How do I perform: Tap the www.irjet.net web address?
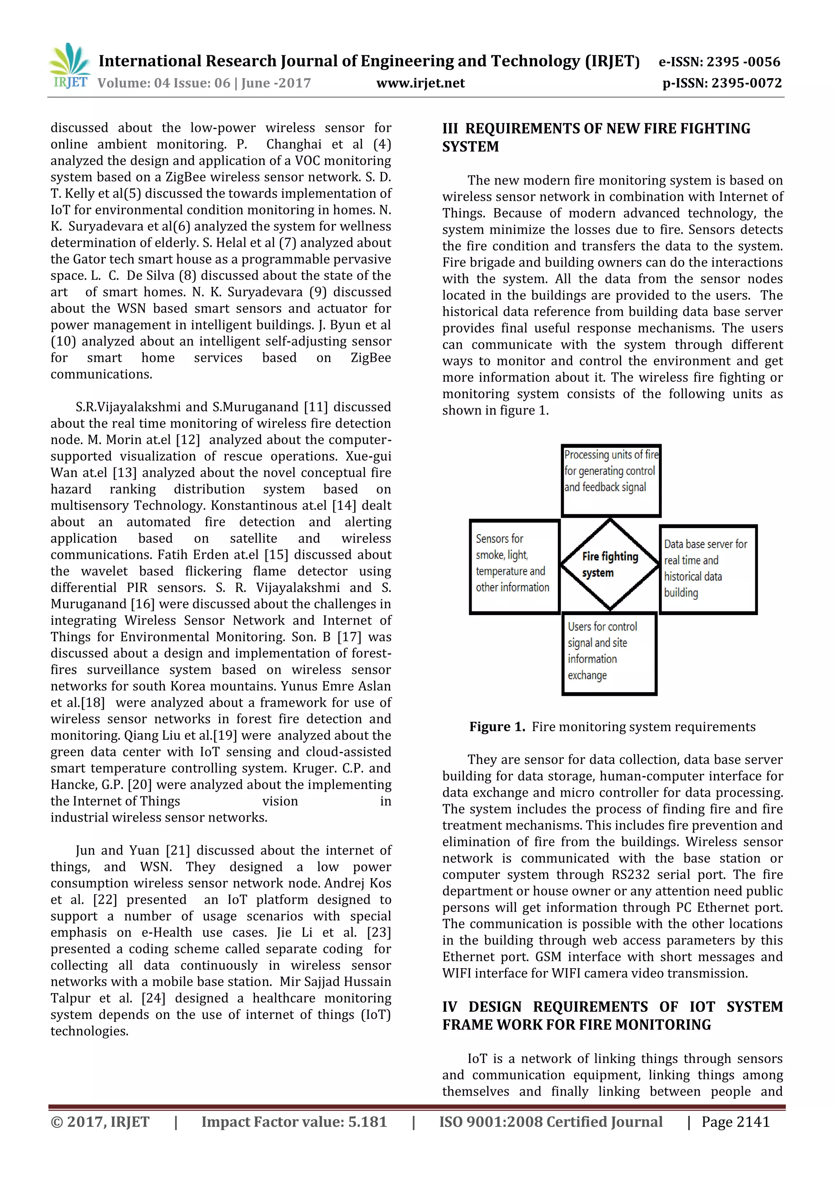tap(421, 83)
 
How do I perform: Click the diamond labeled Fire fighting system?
tap(610, 564)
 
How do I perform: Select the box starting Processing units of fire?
tap(610, 480)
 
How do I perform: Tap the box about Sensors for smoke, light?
tap(514, 566)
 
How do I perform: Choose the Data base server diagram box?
tap(708, 569)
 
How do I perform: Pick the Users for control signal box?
tap(609, 653)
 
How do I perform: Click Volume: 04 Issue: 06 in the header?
tap(204, 83)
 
